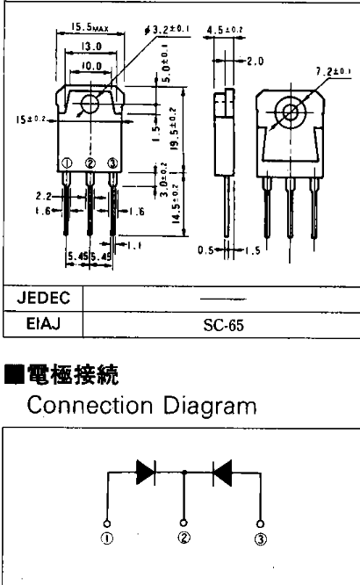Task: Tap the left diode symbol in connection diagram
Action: pos(146,472)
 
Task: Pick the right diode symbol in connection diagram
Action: pos(223,472)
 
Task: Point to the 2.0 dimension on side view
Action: pos(256,61)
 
